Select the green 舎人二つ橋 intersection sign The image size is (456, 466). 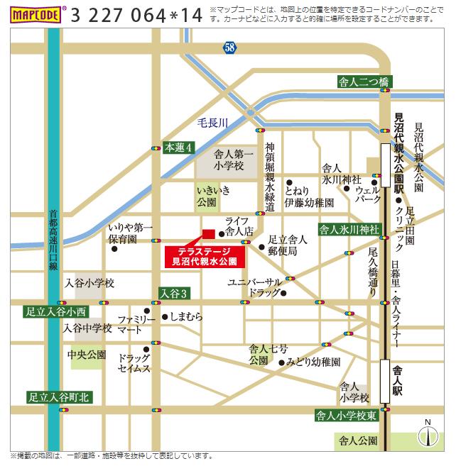coord(363,82)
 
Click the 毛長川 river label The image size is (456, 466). coord(212,123)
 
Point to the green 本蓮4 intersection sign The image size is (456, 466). coord(179,147)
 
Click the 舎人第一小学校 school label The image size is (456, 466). coord(229,159)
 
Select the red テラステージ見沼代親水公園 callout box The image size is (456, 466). coord(205,256)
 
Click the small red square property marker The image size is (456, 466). coord(208,234)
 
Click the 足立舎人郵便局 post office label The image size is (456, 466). coord(286,245)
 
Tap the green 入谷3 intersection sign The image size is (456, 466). coord(174,293)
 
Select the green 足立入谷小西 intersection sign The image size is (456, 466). coord(55,311)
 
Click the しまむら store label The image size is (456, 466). coord(186,317)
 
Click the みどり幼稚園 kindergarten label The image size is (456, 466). coord(313,362)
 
